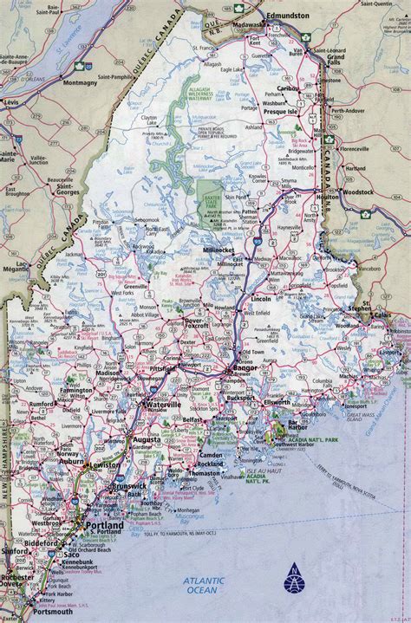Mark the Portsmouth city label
(x=36, y=611)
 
